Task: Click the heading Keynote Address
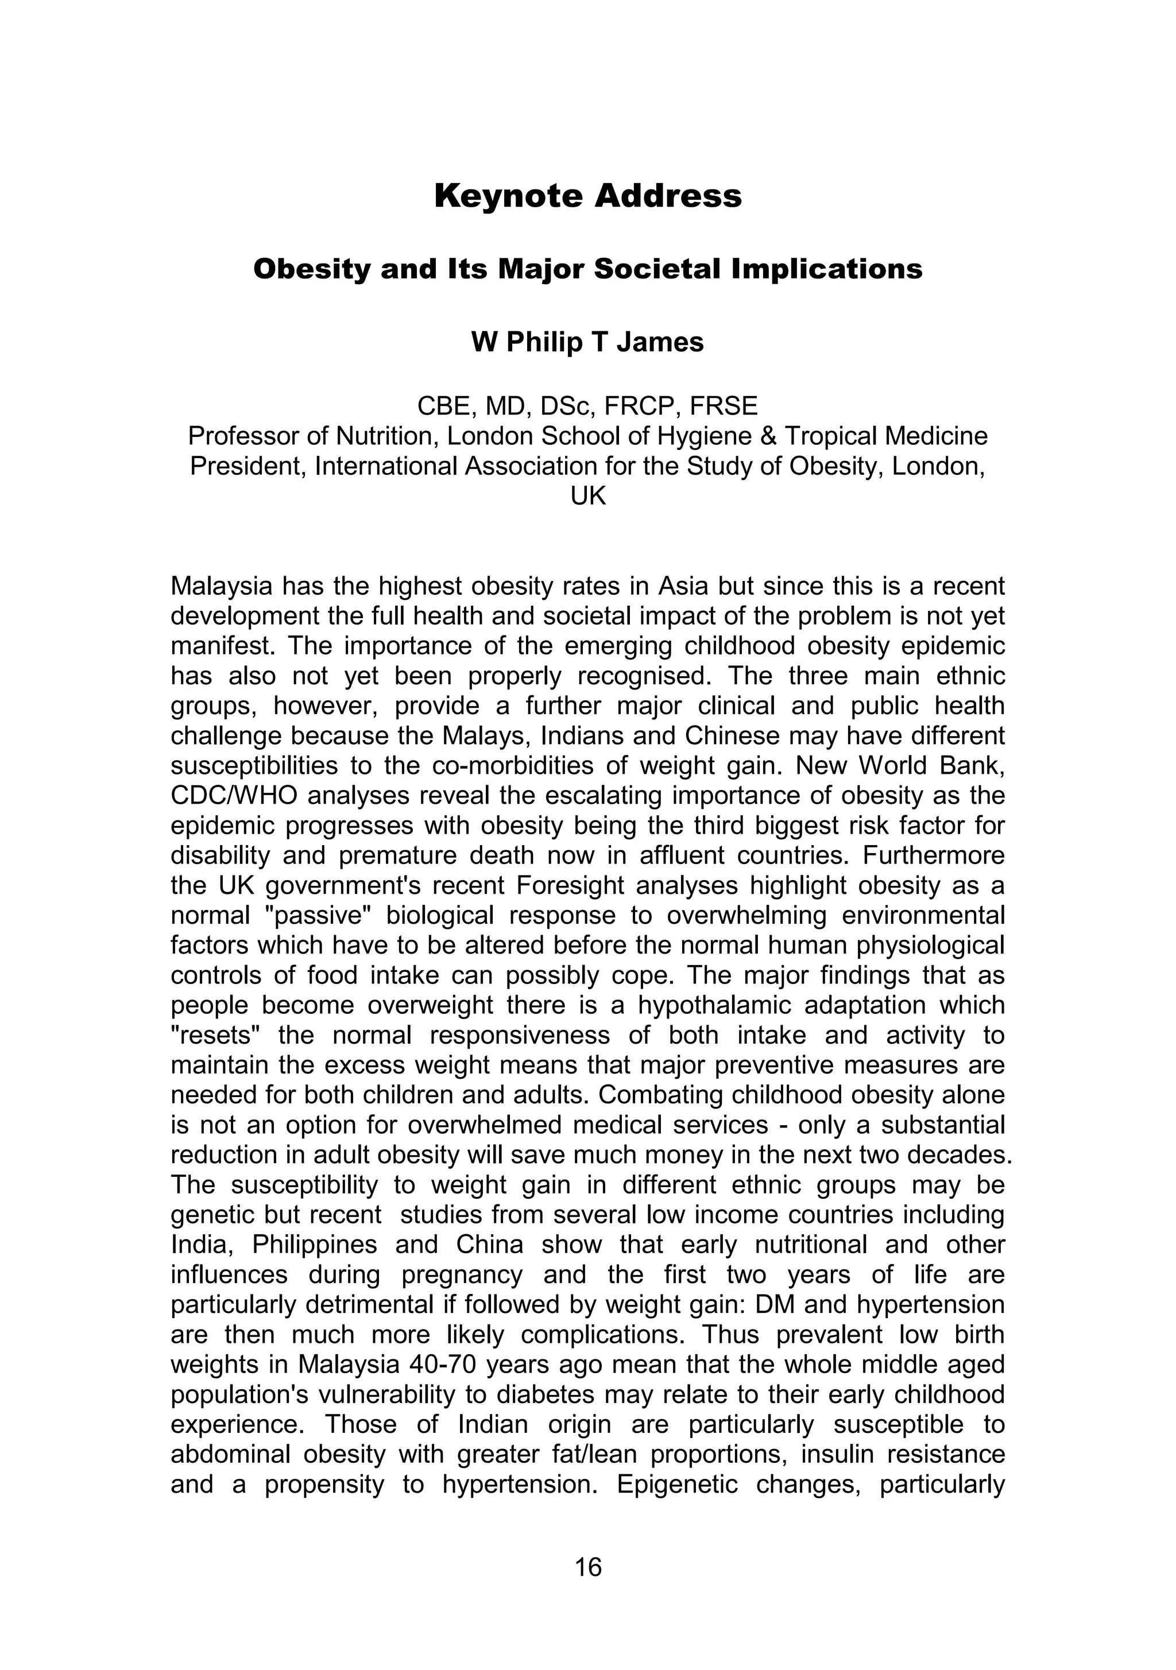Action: coord(587,196)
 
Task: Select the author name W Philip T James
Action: coord(587,342)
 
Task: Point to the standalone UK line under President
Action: coord(587,496)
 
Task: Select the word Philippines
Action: coord(314,1245)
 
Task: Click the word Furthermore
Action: coord(934,855)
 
